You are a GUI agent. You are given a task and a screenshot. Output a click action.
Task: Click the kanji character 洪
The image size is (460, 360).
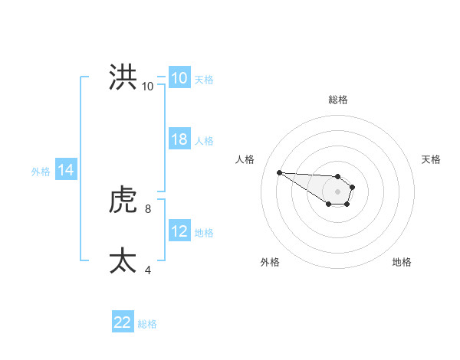point(123,77)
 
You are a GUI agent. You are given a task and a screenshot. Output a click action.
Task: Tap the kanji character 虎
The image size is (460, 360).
point(123,201)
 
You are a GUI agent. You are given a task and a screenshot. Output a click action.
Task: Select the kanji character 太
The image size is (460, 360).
point(123,261)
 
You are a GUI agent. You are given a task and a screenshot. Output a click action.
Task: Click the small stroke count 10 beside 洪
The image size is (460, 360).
point(147,87)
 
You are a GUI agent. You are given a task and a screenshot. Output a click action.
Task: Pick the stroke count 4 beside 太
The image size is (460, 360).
point(147,270)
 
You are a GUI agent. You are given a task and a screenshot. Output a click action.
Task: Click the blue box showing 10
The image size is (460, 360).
point(179,78)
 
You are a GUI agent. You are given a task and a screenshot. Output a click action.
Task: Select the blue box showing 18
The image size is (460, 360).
point(179,139)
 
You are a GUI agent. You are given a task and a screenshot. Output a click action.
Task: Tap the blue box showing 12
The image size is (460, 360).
point(179,231)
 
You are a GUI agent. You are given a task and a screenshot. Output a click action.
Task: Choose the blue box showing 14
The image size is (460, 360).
point(66,170)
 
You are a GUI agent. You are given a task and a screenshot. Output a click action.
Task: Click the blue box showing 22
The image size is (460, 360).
point(123,322)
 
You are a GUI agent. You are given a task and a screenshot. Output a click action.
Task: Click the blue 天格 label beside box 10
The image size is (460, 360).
point(204,80)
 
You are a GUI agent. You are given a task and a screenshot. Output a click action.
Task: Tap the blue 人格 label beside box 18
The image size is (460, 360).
point(204,141)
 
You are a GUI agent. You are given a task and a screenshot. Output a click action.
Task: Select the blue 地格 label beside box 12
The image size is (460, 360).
point(204,233)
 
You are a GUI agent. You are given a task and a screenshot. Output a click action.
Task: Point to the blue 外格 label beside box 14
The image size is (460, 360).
point(41,172)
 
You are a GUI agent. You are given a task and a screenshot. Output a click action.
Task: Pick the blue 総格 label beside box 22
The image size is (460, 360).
point(147,324)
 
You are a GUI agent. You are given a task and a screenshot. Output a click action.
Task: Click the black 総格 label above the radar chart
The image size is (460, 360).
point(338,100)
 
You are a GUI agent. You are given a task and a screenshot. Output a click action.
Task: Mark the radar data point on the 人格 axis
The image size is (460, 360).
point(279,172)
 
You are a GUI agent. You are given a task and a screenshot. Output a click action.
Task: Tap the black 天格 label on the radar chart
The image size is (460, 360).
point(432,159)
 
